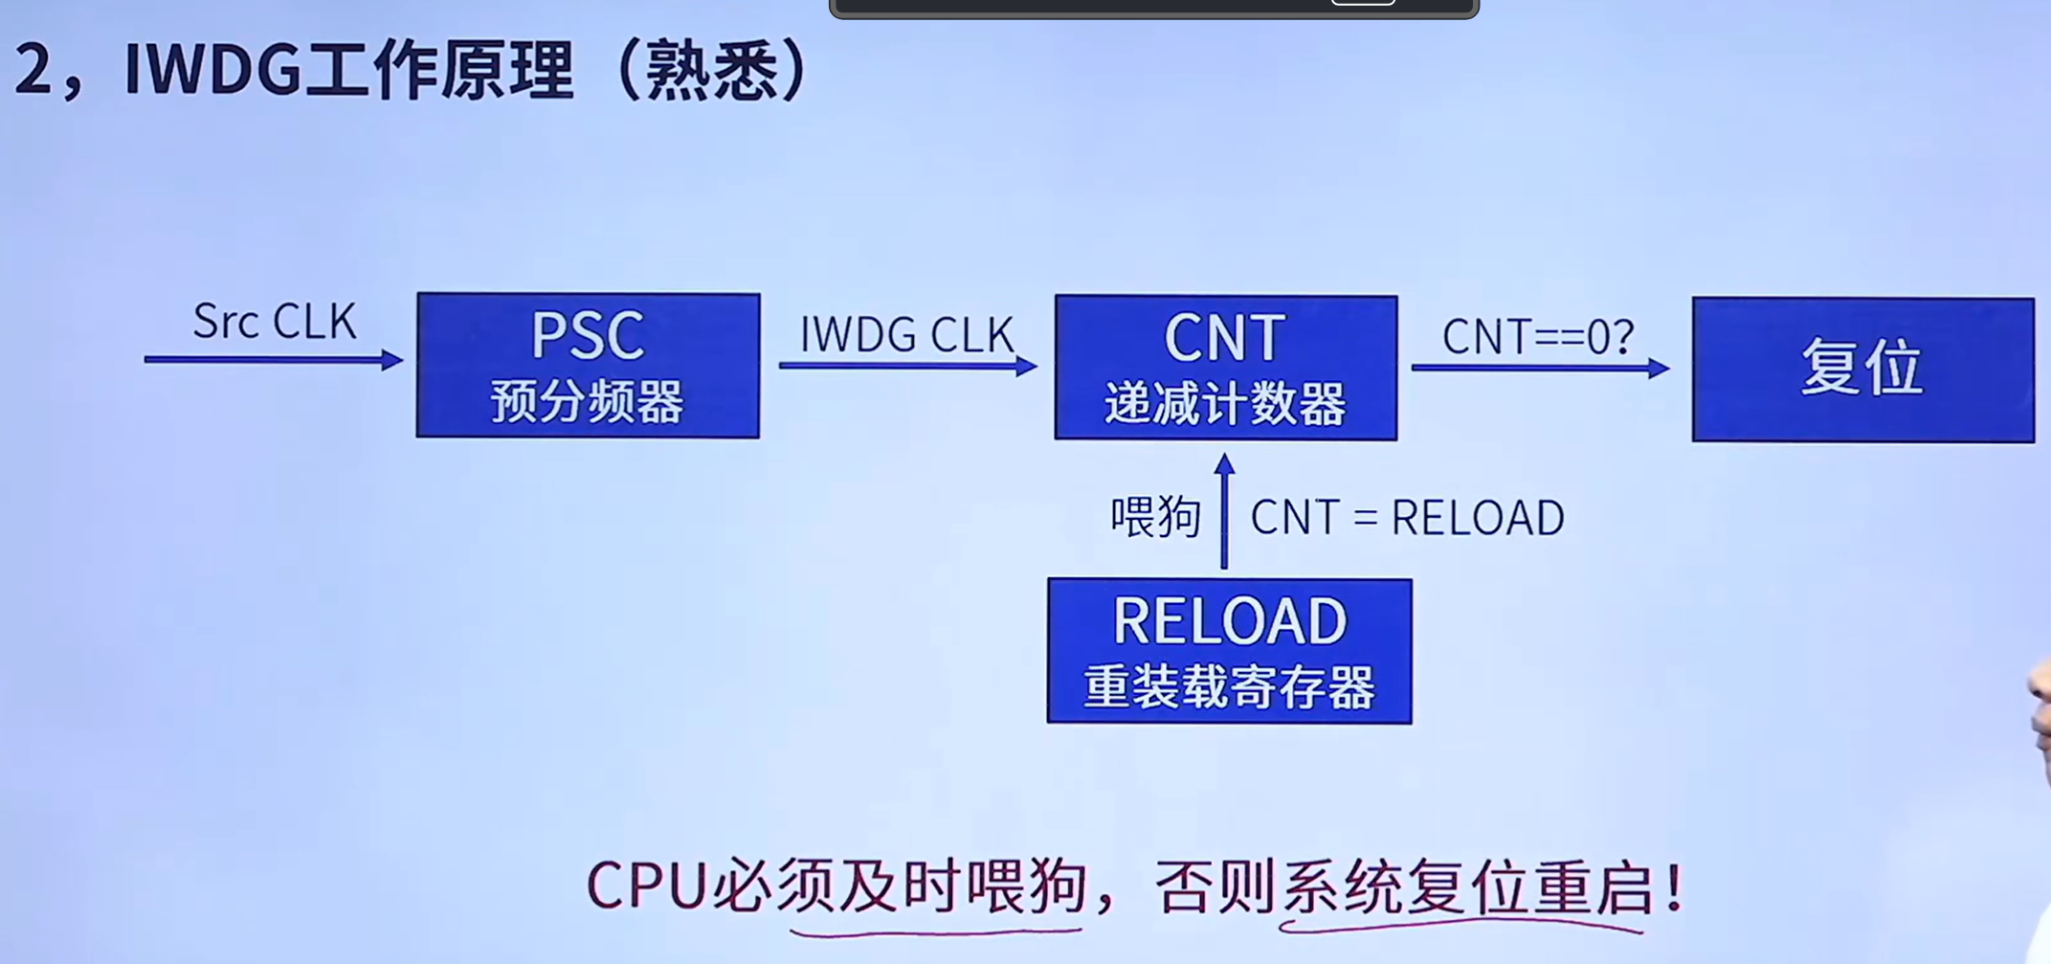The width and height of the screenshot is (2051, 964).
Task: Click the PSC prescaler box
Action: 589,366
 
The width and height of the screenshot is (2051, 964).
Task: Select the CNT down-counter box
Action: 1226,368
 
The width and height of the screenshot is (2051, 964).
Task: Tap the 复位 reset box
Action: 1863,370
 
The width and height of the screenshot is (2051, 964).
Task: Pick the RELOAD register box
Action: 1230,651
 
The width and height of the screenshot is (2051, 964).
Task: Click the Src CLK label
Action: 275,321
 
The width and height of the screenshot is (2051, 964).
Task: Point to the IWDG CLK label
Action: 906,334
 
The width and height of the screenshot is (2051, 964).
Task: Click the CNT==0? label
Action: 1538,337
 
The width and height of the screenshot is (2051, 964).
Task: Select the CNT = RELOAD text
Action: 1408,518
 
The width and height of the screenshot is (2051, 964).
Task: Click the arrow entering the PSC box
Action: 274,360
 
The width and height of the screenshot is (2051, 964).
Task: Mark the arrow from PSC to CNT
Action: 908,366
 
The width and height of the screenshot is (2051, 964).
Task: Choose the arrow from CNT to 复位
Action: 1541,368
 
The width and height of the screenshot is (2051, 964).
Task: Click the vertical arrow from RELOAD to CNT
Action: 1224,511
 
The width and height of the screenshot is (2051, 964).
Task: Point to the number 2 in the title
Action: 33,69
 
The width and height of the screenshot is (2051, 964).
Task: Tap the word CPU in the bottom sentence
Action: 646,886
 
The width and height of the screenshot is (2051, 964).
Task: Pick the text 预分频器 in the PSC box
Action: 588,402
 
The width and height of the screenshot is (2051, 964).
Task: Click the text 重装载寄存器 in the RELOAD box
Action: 1230,687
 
